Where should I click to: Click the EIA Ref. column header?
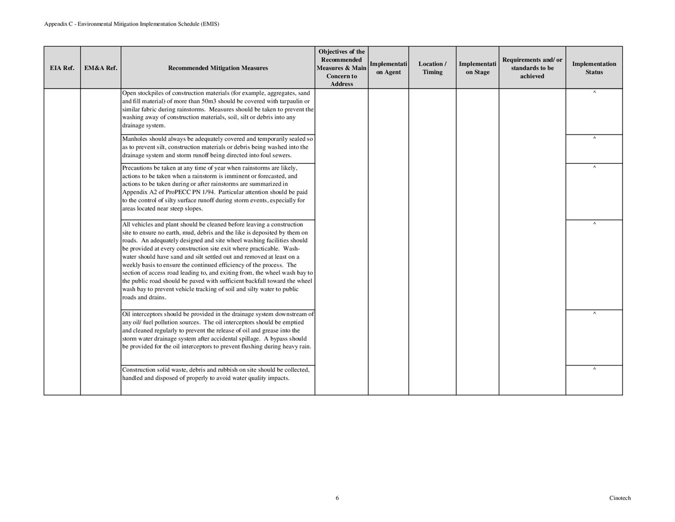coord(62,68)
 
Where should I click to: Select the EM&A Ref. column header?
coord(101,68)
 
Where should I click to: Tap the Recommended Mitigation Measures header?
coord(218,68)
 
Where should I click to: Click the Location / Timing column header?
coord(432,68)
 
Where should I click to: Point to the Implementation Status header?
coord(594,68)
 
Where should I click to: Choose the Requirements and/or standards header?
coord(532,68)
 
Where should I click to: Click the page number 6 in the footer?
coord(337,498)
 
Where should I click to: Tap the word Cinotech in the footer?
coord(620,498)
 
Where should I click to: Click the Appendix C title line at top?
coord(132,24)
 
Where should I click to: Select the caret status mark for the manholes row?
coord(594,139)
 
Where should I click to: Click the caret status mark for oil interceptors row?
coord(594,314)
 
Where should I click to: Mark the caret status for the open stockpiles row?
coord(594,92)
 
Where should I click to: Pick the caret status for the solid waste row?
coord(594,370)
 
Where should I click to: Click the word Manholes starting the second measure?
coord(135,139)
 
